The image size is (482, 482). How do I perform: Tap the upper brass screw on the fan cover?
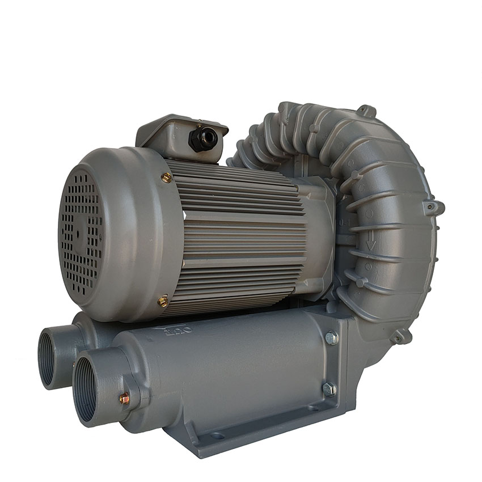(x=166, y=177)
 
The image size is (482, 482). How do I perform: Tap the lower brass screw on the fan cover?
(x=163, y=301)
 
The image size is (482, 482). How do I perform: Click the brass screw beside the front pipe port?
(x=124, y=399)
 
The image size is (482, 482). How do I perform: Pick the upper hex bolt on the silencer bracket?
(x=331, y=338)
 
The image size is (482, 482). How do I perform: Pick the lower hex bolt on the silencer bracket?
(x=329, y=389)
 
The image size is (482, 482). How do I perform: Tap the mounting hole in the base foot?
(x=217, y=436)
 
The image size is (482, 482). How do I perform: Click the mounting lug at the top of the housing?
(x=367, y=111)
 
